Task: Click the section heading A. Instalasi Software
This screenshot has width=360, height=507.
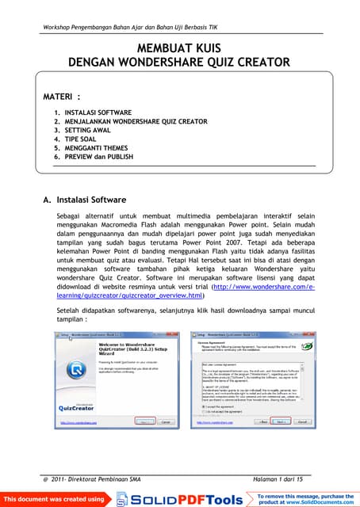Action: (x=84, y=200)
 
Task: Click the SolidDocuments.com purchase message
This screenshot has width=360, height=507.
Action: (x=306, y=499)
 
